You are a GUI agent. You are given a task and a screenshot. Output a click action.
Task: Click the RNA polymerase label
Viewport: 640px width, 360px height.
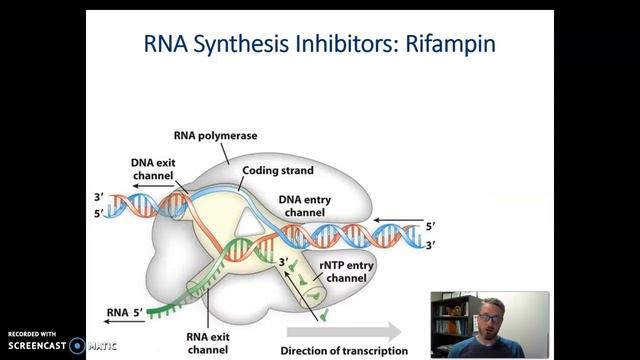tap(222, 137)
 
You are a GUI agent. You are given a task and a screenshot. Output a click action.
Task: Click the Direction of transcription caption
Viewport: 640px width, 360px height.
tap(345, 350)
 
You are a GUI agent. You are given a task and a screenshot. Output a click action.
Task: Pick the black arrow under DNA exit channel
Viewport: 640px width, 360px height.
tap(151, 187)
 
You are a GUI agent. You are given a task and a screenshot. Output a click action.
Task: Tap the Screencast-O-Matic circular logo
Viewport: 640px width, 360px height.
tap(76, 346)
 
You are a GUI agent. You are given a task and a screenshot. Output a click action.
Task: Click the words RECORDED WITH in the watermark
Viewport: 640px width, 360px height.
tap(32, 334)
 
